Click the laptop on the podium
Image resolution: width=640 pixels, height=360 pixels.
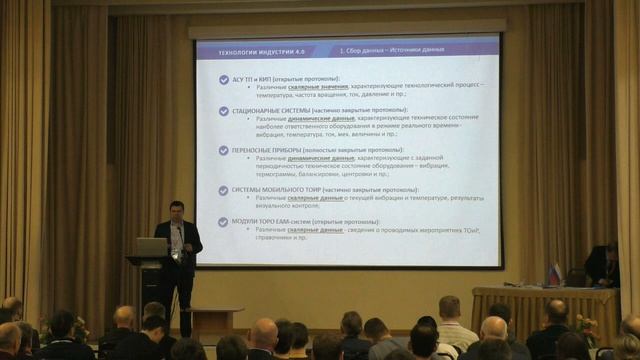151,246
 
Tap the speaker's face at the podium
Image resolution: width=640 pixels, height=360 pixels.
177,211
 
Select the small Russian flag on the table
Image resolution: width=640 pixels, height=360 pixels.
555,271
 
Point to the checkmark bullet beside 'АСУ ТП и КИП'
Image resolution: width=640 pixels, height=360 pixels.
223,78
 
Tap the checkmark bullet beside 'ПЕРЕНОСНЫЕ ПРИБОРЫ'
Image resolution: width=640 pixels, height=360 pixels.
223,150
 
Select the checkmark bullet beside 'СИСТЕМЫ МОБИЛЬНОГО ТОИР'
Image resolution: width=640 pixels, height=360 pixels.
223,189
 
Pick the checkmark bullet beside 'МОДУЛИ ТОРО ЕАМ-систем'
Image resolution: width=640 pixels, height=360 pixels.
223,221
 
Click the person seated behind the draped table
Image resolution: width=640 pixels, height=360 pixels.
602,265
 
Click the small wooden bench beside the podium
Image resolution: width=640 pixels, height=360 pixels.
216,320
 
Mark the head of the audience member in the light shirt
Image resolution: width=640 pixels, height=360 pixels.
450,307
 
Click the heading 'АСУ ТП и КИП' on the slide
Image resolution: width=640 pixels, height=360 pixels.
257,78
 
